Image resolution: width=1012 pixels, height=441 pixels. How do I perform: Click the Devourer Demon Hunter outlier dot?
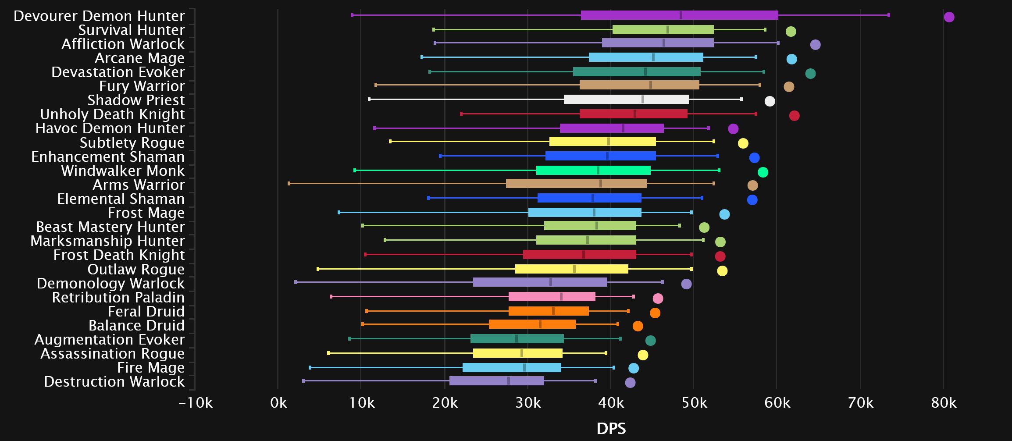pos(949,17)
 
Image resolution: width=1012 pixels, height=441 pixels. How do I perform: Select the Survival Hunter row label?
pos(131,30)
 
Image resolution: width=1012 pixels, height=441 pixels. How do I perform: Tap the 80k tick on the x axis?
pos(944,402)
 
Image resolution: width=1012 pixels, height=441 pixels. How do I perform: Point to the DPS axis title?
pos(611,428)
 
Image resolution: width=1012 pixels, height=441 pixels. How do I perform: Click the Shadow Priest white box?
pos(626,100)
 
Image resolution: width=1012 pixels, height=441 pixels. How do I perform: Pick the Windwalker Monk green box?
pos(593,170)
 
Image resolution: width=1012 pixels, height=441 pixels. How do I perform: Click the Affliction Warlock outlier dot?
pos(815,45)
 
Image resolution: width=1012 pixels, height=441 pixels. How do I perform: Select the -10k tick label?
pos(196,402)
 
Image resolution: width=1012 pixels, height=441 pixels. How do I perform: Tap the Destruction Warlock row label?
pos(114,381)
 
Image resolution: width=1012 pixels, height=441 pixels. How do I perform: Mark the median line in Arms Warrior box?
pos(601,184)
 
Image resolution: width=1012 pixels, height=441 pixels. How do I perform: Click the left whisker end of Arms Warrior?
pos(289,184)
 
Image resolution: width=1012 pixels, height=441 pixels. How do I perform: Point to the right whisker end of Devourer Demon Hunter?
pos(888,15)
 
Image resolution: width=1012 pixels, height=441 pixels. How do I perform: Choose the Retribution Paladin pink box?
pos(552,297)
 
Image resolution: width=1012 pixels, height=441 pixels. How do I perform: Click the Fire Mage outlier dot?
pos(634,368)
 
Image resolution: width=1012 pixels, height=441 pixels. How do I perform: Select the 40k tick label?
pos(610,402)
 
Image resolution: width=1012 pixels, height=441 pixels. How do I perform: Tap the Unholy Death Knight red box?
pos(633,114)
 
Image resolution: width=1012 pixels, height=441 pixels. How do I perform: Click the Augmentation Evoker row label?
pos(110,339)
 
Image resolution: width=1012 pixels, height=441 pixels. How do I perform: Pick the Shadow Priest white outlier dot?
pos(770,101)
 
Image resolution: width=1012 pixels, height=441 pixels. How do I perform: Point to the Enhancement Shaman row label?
pos(108,156)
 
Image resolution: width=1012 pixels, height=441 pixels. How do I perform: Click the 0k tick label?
pos(278,402)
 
